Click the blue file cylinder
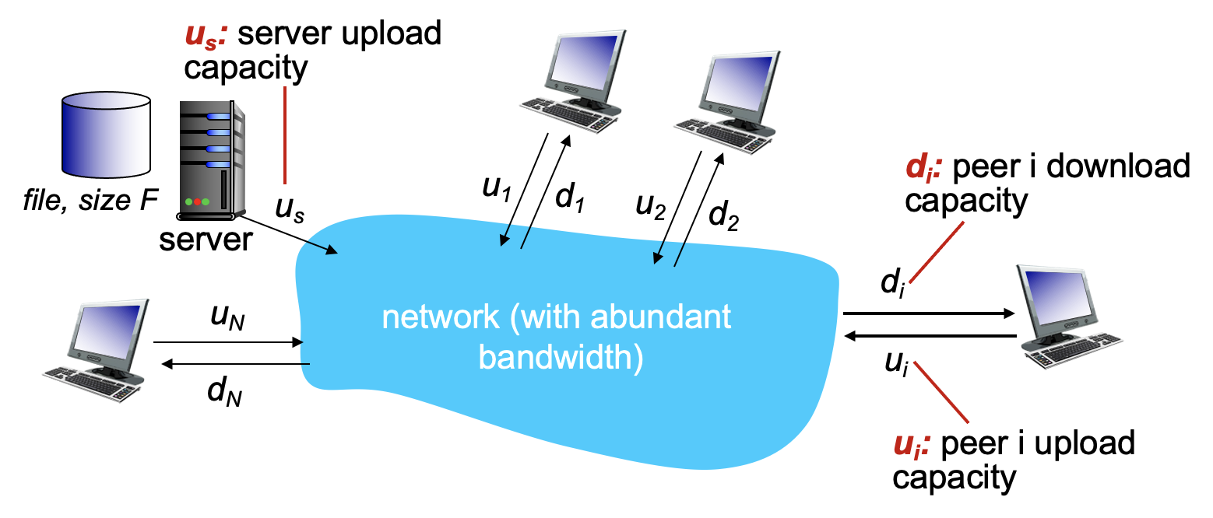(106, 134)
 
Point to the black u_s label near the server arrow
(289, 209)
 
